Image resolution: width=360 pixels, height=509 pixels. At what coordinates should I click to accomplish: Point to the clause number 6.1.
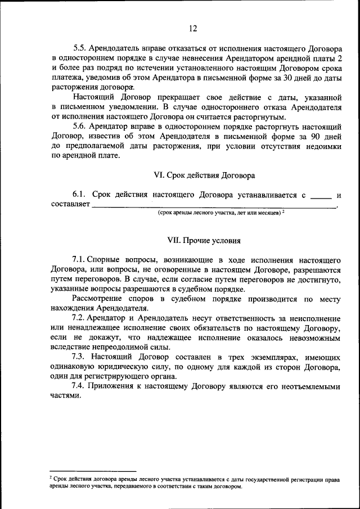tap(80, 195)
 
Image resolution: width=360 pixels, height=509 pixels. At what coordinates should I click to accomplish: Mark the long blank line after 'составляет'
tap(214, 208)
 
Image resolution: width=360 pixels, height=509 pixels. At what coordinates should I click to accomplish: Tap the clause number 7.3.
tap(80, 357)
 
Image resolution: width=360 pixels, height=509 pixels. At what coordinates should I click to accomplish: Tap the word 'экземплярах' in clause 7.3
tap(264, 357)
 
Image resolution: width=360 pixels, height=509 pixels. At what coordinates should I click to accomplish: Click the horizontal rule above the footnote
tap(93, 471)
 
